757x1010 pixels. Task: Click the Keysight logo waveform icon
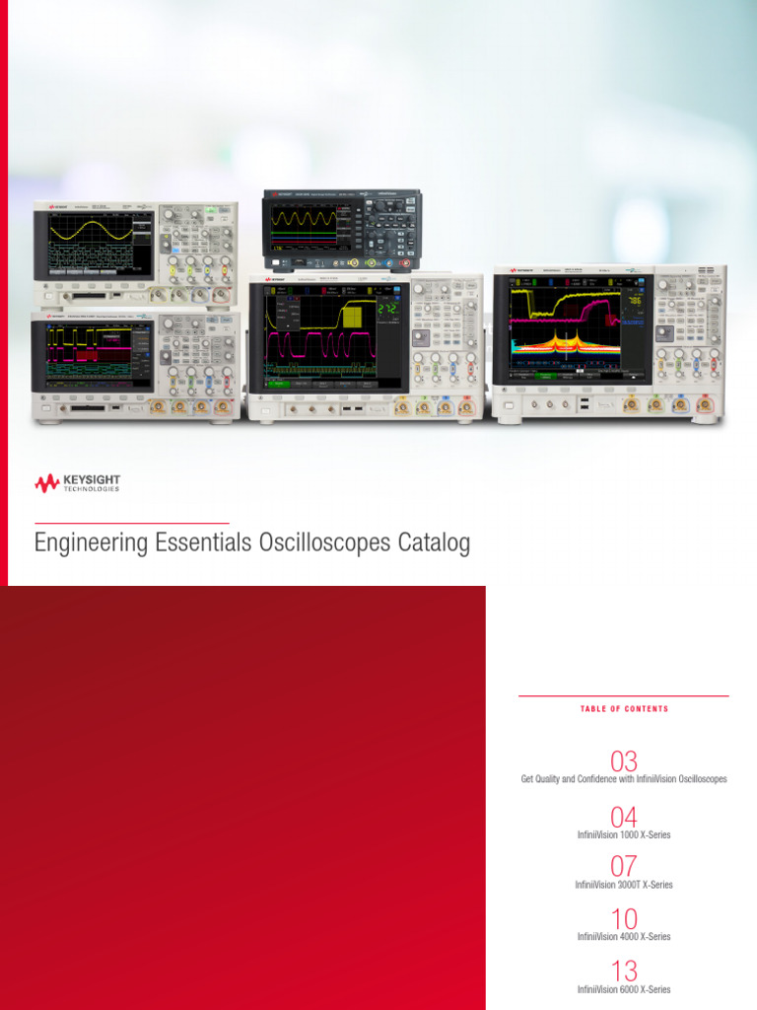(x=46, y=483)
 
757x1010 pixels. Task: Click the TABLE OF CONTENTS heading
(x=624, y=709)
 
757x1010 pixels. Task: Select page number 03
(x=624, y=761)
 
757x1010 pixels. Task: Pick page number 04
(x=624, y=818)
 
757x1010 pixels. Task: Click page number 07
(x=624, y=867)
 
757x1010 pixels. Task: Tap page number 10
(x=624, y=919)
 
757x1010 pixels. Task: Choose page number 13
(x=624, y=971)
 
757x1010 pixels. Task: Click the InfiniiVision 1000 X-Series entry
(x=624, y=835)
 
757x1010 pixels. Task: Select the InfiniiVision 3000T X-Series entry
(x=624, y=885)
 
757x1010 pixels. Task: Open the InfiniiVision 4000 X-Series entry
(x=624, y=937)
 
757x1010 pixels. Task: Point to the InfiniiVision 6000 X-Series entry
(x=624, y=989)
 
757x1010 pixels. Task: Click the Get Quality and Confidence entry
(x=624, y=779)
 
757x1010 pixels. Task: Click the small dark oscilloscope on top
(x=341, y=229)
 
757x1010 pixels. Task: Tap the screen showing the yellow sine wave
(x=96, y=243)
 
